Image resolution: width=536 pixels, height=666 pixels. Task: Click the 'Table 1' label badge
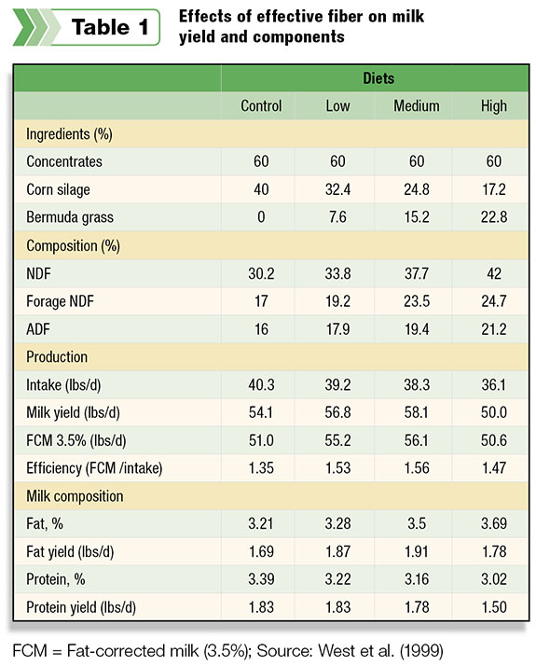[87, 27]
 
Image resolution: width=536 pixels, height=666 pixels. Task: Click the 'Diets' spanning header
[378, 78]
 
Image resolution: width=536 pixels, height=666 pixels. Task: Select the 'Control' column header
[261, 105]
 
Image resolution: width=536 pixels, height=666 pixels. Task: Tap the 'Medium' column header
[417, 105]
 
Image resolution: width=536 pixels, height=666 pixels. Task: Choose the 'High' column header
[493, 105]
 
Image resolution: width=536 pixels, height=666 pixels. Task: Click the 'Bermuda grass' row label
[70, 217]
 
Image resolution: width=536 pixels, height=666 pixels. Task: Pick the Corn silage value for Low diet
[337, 189]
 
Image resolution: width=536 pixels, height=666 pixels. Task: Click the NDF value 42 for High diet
[494, 273]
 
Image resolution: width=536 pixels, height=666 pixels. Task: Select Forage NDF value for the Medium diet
[417, 301]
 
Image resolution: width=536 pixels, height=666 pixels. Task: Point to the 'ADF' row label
[38, 329]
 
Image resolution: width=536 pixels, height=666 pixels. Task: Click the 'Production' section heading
[57, 356]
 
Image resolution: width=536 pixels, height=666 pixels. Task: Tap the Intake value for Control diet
[261, 385]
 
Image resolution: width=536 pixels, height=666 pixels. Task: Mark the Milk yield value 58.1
[417, 412]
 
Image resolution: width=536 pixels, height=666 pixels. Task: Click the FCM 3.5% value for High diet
[493, 440]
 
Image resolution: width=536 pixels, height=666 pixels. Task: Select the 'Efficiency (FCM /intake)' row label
[94, 468]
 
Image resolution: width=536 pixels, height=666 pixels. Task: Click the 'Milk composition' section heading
[75, 496]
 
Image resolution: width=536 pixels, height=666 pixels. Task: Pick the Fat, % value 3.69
[493, 523]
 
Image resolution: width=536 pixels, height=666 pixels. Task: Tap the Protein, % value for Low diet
[337, 579]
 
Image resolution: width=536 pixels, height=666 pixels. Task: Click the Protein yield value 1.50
[494, 607]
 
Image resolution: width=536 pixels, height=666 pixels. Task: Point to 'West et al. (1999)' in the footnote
[380, 651]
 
